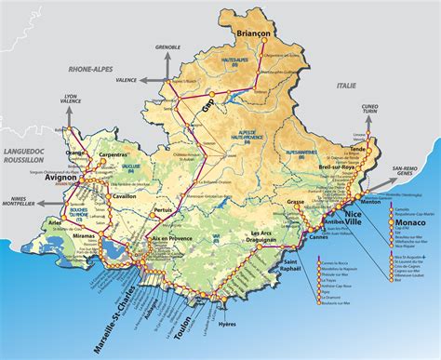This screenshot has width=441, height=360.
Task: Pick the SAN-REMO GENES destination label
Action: (x=416, y=170)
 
